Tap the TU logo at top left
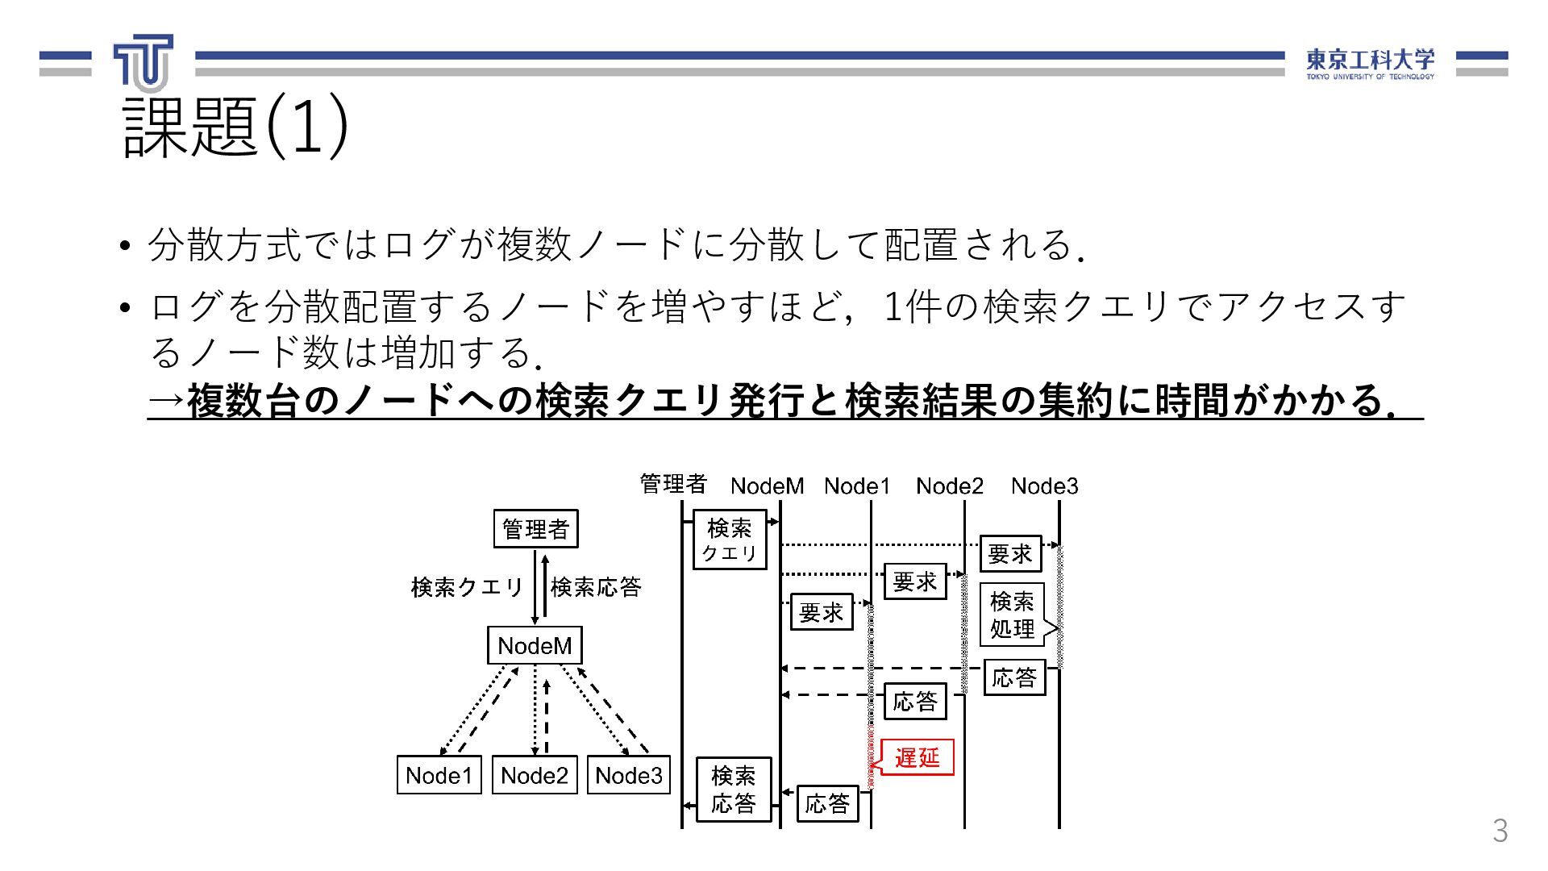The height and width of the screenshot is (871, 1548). [x=144, y=62]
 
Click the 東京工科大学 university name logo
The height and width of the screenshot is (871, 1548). [x=1370, y=63]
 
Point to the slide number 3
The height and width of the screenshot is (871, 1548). [x=1500, y=831]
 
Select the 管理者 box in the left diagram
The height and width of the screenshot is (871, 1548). [x=535, y=529]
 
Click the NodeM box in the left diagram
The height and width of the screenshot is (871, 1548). [x=535, y=645]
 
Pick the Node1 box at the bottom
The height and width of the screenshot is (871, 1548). [x=439, y=775]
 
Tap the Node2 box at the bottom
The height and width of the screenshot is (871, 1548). [x=535, y=775]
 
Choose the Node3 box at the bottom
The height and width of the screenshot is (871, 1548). [x=629, y=775]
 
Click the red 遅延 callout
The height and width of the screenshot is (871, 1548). [x=917, y=757]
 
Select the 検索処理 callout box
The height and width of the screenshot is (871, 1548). [x=1012, y=615]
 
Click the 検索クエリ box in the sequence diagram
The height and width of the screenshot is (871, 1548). [x=730, y=540]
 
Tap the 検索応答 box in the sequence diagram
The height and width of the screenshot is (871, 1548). [x=734, y=790]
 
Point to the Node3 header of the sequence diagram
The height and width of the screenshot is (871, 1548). [x=1044, y=486]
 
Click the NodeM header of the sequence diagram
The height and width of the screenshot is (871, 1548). [x=767, y=486]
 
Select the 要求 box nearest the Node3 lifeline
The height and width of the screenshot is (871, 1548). [x=1010, y=553]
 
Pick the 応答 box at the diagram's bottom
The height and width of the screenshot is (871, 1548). [x=827, y=803]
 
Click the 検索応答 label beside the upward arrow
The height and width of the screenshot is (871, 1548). [x=596, y=587]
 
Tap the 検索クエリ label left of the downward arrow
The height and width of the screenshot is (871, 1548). [x=468, y=587]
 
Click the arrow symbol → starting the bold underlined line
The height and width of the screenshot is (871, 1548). [x=166, y=401]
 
